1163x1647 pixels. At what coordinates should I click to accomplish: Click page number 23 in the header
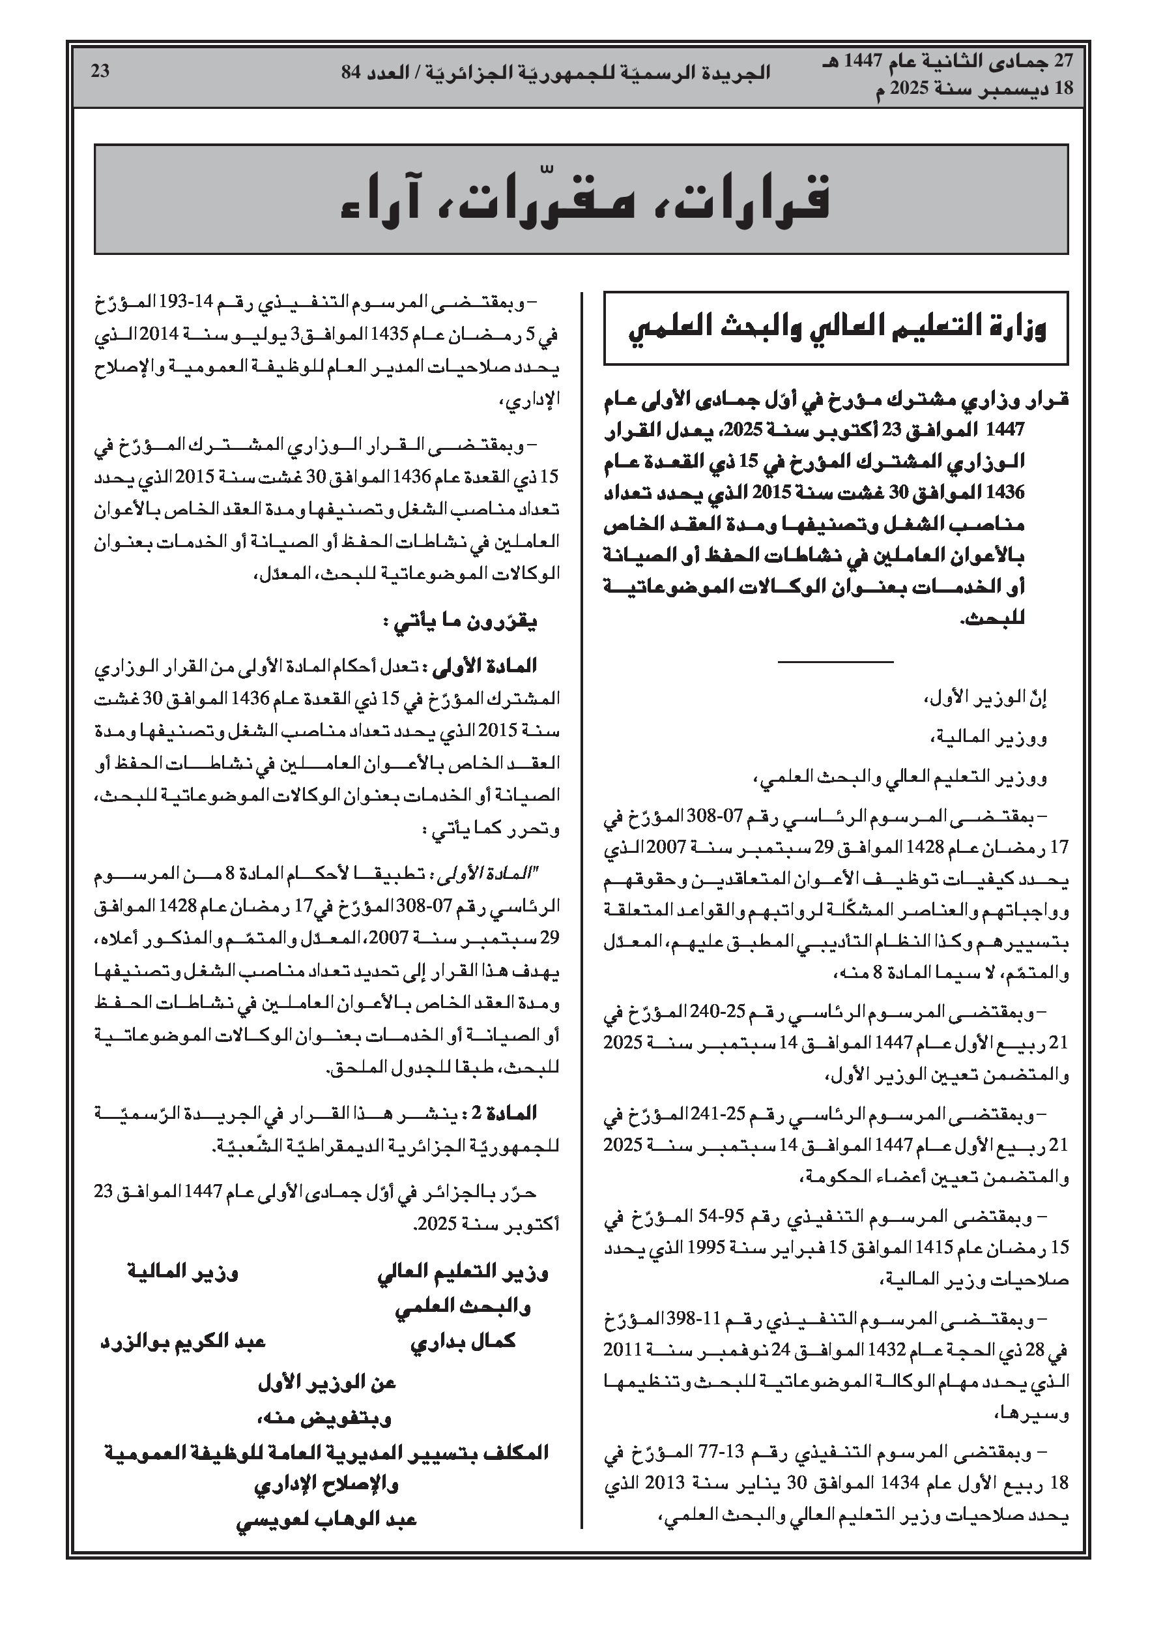coord(100,71)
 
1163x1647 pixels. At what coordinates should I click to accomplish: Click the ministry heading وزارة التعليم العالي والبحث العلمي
coord(837,329)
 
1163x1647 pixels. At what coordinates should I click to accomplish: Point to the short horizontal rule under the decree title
coord(835,660)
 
